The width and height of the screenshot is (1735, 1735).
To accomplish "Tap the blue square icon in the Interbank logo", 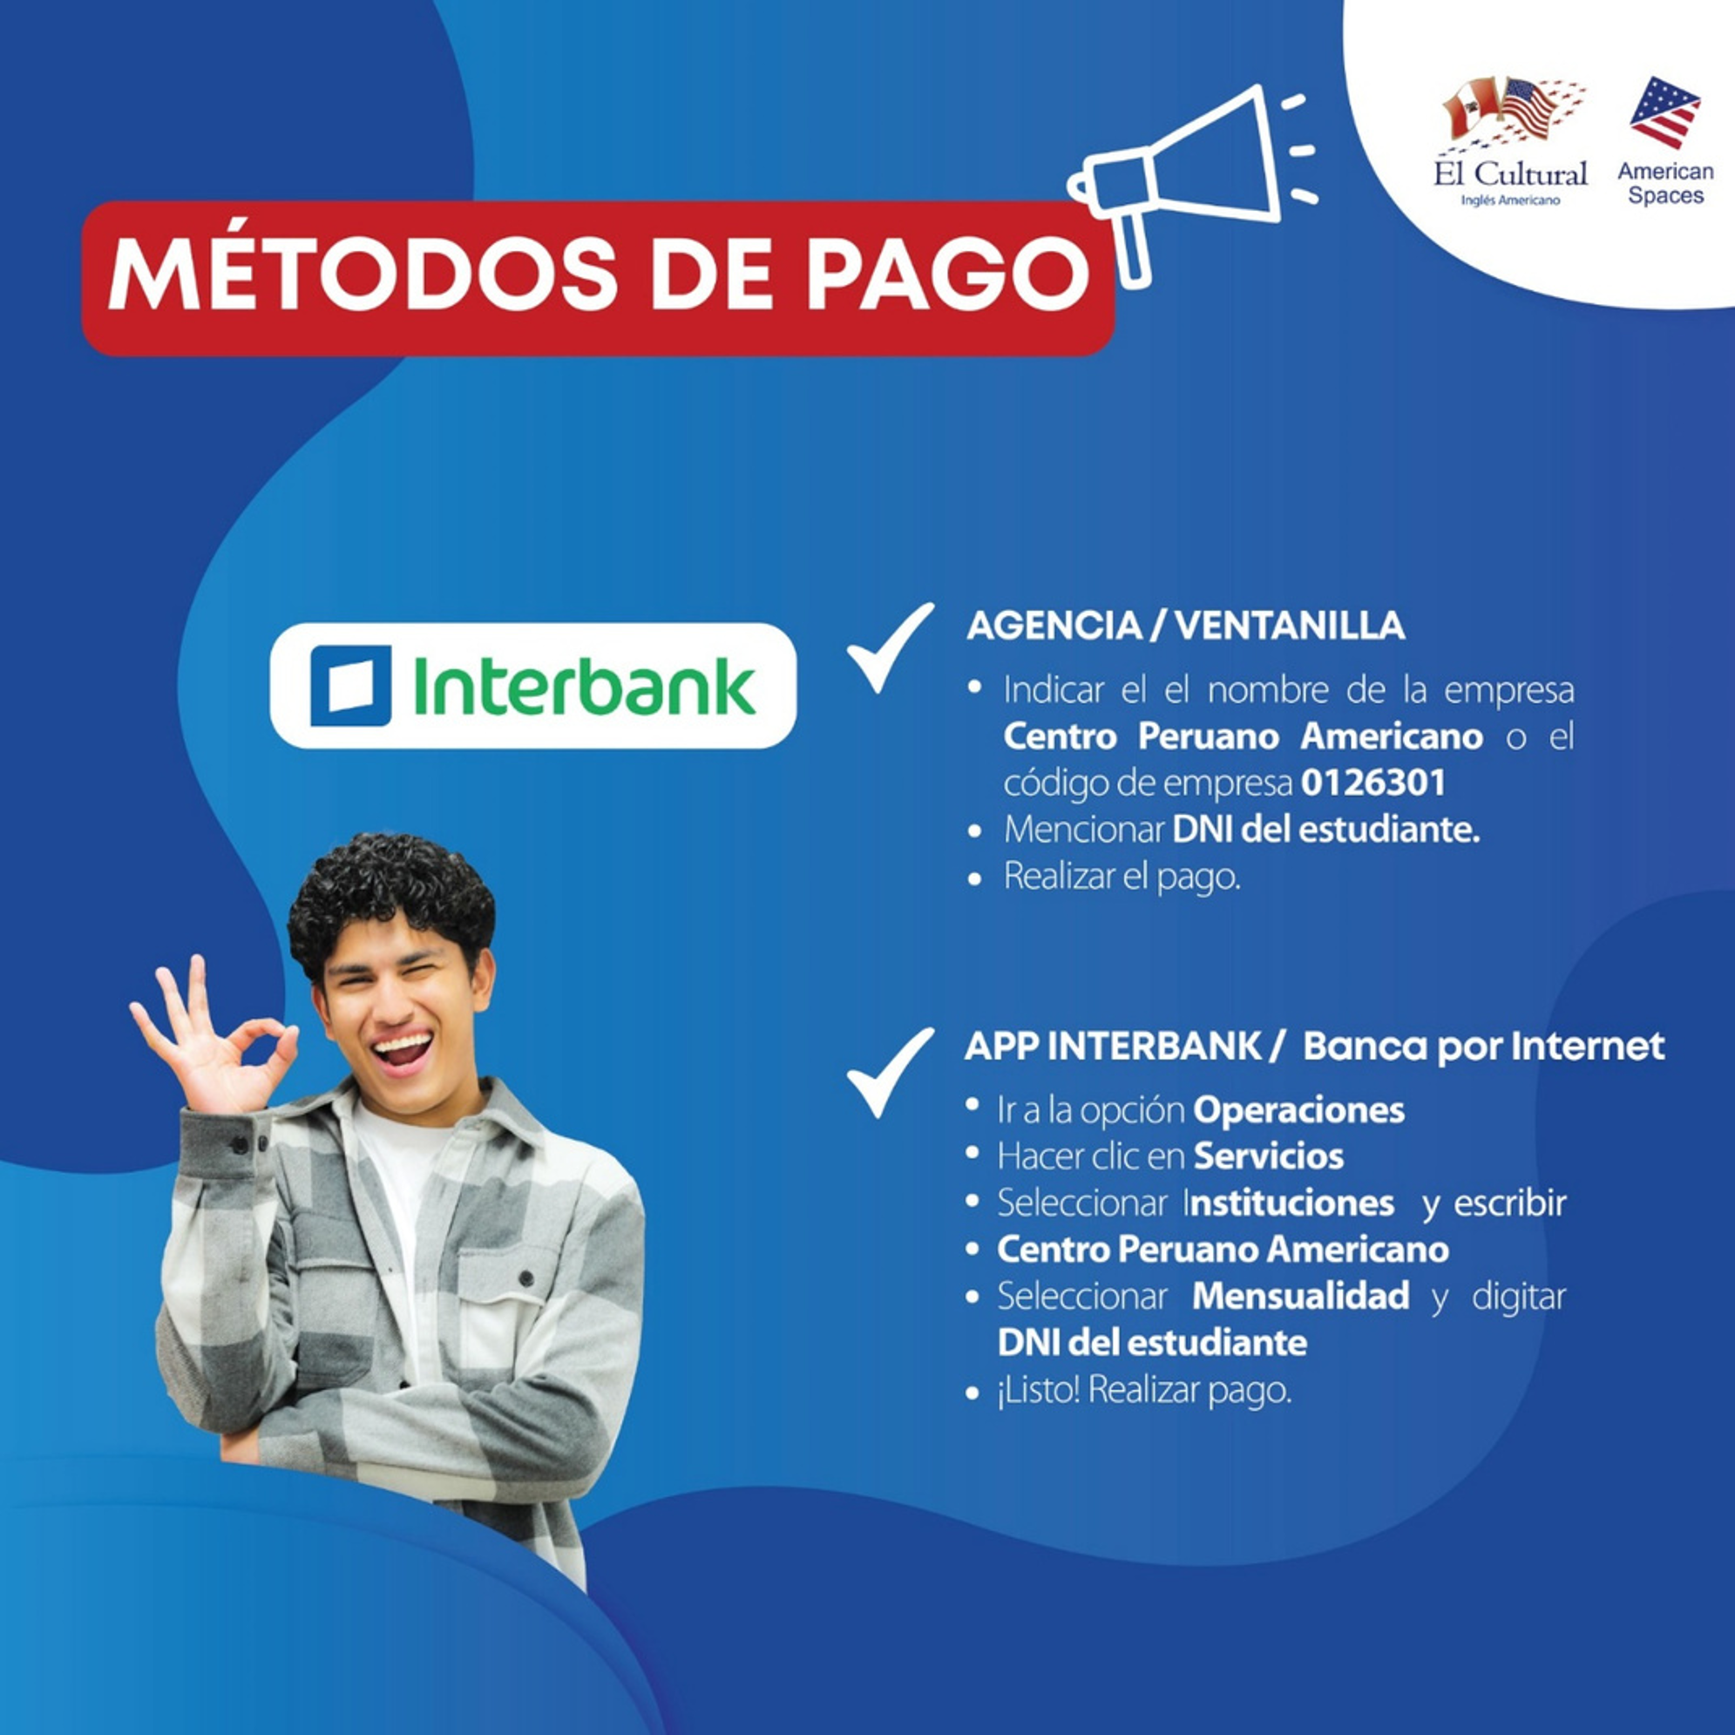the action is coord(350,685).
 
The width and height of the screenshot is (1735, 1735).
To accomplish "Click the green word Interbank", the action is coord(584,686).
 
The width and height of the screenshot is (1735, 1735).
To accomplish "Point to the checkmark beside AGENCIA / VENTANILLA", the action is coord(890,647).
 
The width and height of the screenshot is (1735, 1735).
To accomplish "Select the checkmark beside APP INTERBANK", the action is coord(890,1072).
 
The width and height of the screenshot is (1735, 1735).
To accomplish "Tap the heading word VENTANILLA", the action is coord(1290,626).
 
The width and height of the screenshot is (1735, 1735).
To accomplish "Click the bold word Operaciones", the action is coord(1298,1111).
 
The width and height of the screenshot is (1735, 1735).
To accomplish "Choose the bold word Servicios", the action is coord(1268,1156).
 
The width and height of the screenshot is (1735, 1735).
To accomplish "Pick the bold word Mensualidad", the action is coord(1300,1296).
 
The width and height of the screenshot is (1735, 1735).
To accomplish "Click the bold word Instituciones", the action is coord(1289,1203).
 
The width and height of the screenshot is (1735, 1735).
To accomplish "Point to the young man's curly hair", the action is coord(391,898).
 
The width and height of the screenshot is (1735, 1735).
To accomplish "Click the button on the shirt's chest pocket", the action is coord(527,1277).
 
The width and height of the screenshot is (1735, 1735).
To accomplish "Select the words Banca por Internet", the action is coord(1483,1047).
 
